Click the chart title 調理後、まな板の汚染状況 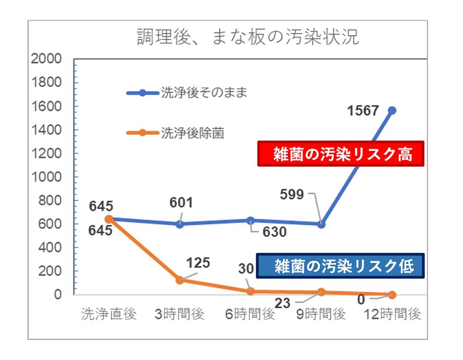[248, 37]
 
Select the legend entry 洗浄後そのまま [187, 93]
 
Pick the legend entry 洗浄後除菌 [176, 133]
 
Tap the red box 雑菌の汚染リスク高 [341, 154]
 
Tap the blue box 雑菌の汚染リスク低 [341, 266]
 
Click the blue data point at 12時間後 [392, 111]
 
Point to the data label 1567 [363, 111]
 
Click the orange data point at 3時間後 [179, 280]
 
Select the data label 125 [198, 263]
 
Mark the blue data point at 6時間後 [250, 220]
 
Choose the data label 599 [292, 194]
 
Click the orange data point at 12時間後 [392, 295]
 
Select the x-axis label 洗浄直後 [109, 314]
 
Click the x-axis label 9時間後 [321, 314]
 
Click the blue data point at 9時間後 [321, 224]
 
